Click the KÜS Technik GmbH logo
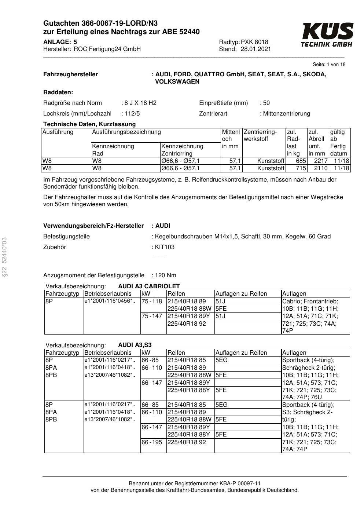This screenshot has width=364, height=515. coord(327,35)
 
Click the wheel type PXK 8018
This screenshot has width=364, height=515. coord(254,42)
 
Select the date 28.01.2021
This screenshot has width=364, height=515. coord(256,49)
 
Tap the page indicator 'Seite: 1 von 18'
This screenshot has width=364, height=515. coord(329,65)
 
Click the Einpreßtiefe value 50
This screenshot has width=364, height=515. coord(266,103)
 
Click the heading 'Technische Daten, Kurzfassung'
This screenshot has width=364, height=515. coord(89,124)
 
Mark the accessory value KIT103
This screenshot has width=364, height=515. coord(165,247)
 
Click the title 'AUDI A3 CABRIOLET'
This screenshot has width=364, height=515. coord(149,286)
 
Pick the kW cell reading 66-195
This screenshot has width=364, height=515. coord(152,442)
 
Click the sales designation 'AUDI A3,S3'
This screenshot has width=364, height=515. coord(135,345)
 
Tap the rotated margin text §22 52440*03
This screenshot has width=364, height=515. coord(4,256)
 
